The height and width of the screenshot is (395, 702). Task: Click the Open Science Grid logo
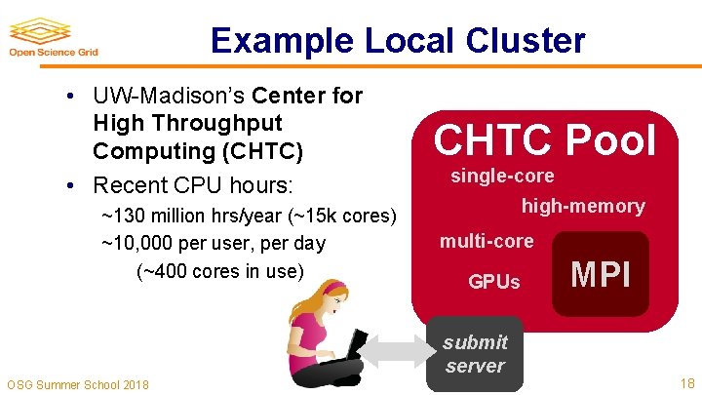point(53,38)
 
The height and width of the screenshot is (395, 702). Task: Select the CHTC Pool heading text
point(544,141)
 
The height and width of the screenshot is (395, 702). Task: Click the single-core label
point(501,177)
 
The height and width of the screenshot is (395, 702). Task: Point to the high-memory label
point(582,206)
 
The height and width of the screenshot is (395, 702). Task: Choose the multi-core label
point(487,241)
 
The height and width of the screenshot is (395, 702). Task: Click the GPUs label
point(494,282)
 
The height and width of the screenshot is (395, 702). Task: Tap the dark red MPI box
point(601,275)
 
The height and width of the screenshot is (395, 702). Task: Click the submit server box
point(475,354)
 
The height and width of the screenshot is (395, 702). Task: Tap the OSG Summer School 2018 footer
point(78,384)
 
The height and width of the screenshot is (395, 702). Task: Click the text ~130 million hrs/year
point(184,216)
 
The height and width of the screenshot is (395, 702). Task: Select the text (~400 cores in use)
point(219,270)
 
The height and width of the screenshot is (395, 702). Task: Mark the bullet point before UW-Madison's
point(73,97)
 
